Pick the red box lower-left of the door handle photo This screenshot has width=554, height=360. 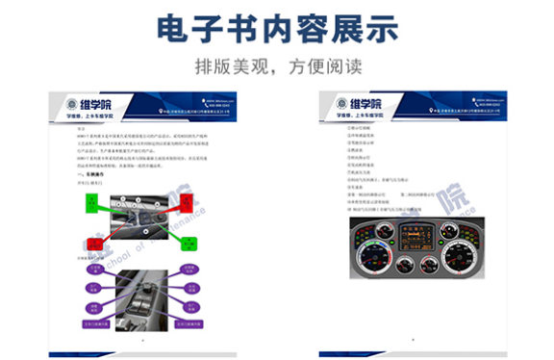pos(94,242)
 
